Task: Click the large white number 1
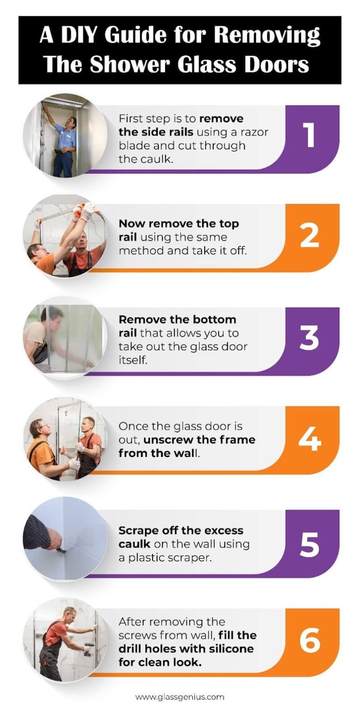coord(310,135)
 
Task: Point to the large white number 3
coord(310,339)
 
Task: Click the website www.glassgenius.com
coord(180,697)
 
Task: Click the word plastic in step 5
coord(152,557)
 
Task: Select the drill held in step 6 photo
coord(87,648)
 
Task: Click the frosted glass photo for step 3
coord(65,338)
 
